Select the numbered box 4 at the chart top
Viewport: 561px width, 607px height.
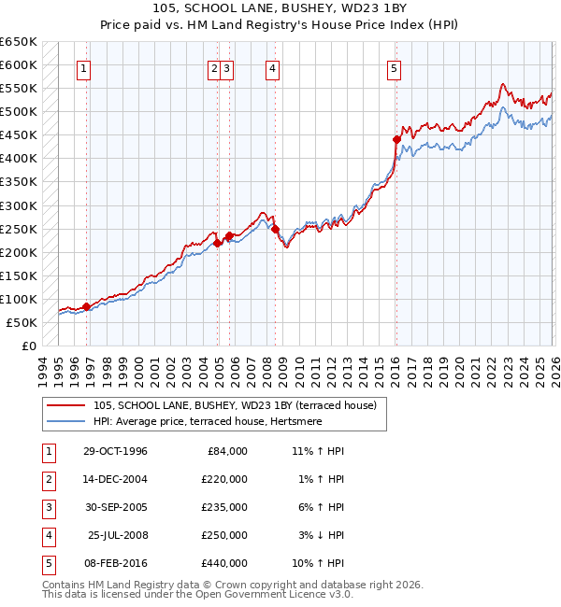point(271,67)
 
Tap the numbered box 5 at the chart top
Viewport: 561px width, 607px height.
point(394,67)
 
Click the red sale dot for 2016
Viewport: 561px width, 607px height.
point(396,139)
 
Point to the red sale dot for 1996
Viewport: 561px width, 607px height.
point(86,306)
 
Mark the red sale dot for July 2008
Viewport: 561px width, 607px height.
point(275,228)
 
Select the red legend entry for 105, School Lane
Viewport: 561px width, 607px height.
point(234,405)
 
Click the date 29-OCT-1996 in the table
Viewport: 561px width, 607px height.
point(116,451)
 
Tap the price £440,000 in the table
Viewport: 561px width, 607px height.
point(224,563)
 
